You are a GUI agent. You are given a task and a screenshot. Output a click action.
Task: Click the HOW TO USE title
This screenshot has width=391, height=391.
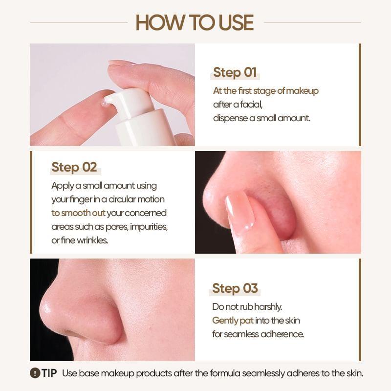(x=195, y=23)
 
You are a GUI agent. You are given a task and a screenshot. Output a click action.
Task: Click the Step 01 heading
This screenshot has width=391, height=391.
(x=235, y=73)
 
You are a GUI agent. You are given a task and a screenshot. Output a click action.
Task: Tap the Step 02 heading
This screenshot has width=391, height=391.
(x=74, y=167)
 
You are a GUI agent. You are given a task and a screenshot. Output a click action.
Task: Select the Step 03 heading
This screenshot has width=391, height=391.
(x=235, y=288)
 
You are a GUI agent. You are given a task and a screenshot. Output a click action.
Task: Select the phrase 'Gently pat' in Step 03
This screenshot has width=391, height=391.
(x=233, y=321)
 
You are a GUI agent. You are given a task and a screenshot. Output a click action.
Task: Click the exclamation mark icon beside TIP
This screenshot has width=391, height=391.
(x=35, y=373)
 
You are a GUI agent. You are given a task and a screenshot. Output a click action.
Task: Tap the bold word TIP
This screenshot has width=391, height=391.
(x=49, y=373)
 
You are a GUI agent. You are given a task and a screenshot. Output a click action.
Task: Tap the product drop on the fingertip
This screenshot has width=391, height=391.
(x=104, y=103)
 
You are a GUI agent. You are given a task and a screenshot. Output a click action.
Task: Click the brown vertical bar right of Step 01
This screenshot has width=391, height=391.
(x=360, y=94)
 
